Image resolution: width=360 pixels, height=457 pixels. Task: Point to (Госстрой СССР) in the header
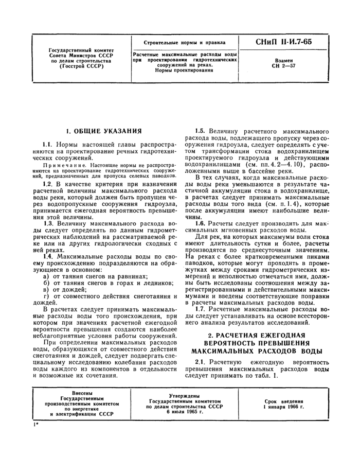click(81, 66)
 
